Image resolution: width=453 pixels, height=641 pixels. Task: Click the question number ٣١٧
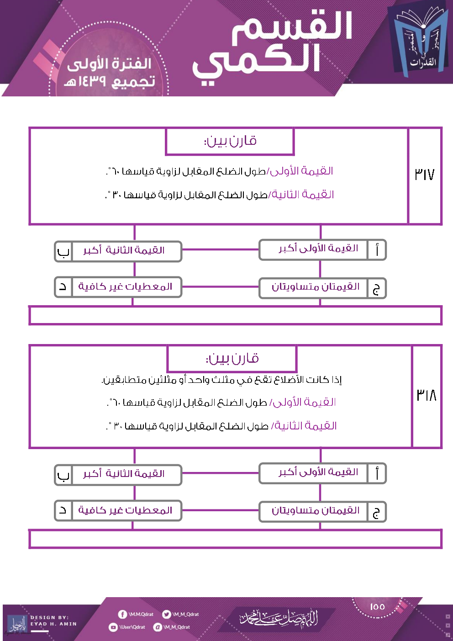point(424,175)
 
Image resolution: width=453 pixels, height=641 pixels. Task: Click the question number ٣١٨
point(426,395)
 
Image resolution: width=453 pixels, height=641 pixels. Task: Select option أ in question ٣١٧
point(322,249)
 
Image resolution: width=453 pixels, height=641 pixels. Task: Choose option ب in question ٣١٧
point(118,251)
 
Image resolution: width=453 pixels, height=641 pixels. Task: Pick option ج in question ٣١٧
point(322,288)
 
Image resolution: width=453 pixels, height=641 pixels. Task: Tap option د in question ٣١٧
point(118,287)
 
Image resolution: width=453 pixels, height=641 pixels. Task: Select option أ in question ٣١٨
point(322,473)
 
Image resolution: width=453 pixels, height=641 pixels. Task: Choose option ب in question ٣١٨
point(118,474)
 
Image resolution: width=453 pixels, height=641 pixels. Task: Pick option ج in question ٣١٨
point(322,511)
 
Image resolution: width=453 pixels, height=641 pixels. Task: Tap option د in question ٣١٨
point(118,510)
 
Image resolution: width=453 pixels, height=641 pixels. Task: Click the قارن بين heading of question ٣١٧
point(230,141)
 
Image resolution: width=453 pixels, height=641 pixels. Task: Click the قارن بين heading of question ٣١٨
point(232,358)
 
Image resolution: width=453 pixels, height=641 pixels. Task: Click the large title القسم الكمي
point(274,46)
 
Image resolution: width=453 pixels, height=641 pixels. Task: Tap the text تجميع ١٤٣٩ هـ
point(110,82)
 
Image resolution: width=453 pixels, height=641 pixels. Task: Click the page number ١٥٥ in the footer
point(377,606)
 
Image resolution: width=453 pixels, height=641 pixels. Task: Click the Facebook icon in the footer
point(122,615)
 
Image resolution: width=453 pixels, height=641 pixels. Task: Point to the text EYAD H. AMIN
point(53,624)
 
